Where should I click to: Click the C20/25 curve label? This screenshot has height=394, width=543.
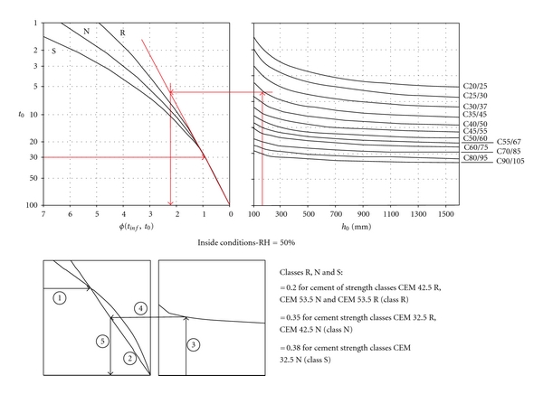pos(476,86)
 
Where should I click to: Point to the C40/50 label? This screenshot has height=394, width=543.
pos(476,124)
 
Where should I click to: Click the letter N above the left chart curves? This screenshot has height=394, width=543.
pos(87,32)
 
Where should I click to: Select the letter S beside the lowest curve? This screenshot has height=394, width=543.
pos(52,51)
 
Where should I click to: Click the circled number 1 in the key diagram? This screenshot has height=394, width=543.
pos(60,295)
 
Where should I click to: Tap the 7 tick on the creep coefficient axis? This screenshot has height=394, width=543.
pos(43,217)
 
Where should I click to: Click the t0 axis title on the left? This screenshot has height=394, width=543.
pos(12,115)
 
